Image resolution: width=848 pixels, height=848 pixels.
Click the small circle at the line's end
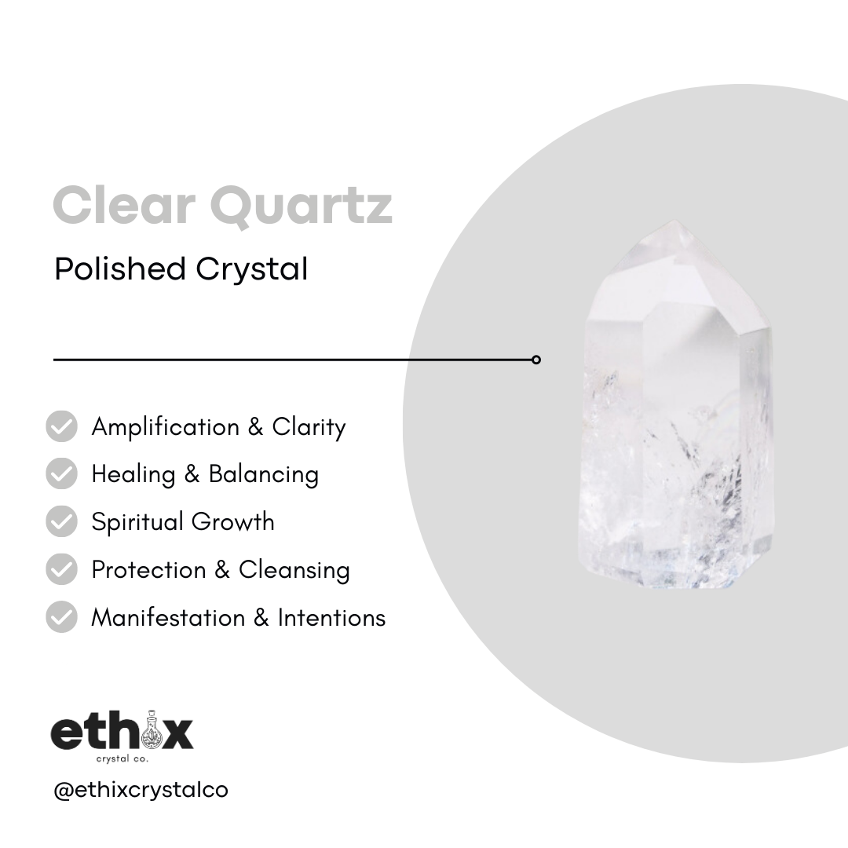point(536,360)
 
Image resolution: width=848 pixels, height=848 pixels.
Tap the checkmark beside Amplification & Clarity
point(62,426)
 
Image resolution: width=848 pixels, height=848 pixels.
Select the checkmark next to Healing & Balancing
point(62,474)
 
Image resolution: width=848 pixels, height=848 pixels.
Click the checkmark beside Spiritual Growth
point(62,521)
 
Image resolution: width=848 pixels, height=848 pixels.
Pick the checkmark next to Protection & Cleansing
point(62,569)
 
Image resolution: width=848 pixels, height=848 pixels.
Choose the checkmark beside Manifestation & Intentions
point(62,617)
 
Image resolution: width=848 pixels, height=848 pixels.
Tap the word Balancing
point(263,475)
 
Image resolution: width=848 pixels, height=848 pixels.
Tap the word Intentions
point(331,617)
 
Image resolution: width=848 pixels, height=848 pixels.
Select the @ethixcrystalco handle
point(141,789)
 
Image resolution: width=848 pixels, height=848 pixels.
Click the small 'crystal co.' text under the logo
point(121,759)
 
